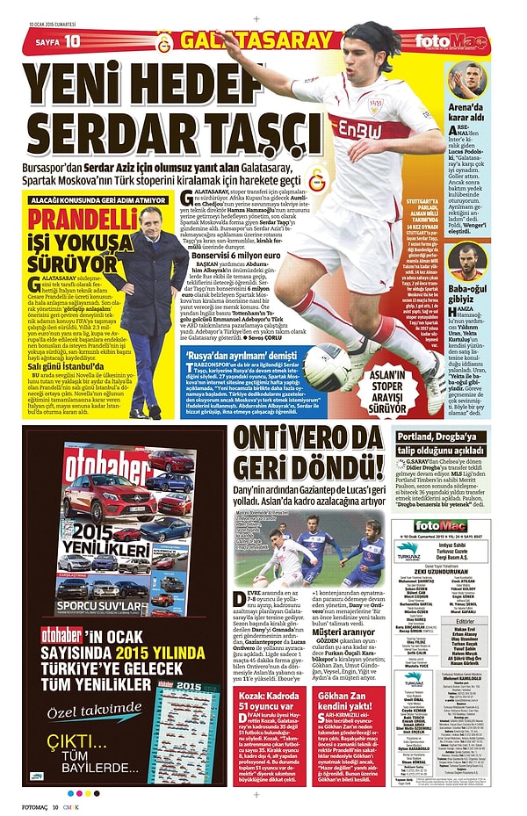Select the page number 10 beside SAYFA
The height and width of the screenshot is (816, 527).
pos(72,41)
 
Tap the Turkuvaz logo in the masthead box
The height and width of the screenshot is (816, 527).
pos(409,551)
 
